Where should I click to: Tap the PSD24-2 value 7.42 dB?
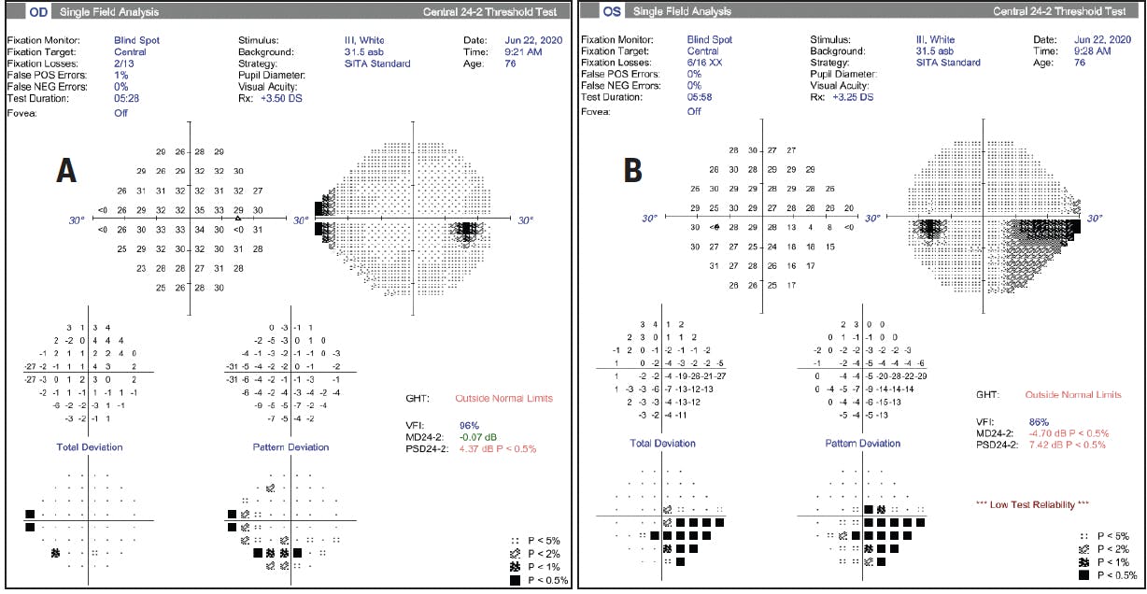(x=1066, y=445)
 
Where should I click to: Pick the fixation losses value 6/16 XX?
(x=705, y=64)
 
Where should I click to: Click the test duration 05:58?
(x=700, y=97)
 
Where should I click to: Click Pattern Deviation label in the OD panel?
(x=290, y=447)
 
